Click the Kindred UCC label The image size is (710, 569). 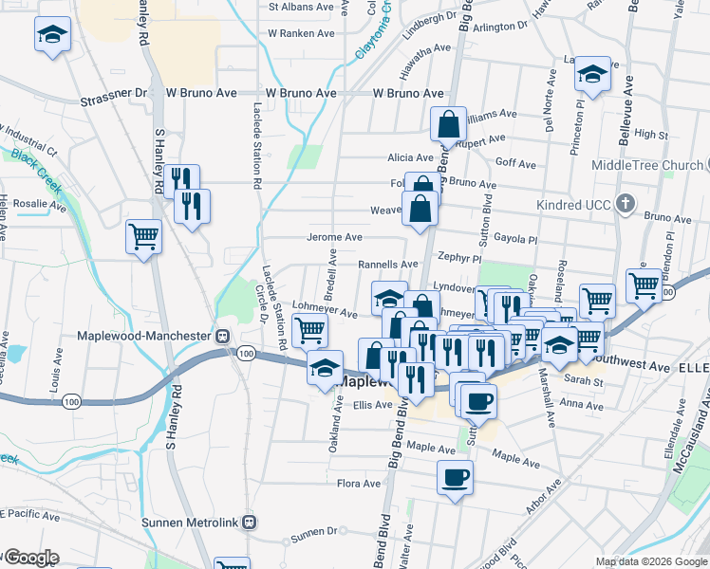[579, 204]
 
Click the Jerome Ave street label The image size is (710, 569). [334, 237]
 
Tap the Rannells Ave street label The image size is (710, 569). [387, 265]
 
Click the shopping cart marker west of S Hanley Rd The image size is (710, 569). [143, 236]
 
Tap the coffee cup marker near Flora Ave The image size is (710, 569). [455, 476]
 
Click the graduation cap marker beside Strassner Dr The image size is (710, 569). [50, 36]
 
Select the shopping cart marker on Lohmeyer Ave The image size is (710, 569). [310, 331]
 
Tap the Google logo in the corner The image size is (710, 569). [31, 557]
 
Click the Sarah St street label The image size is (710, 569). [585, 381]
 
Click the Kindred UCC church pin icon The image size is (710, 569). [625, 203]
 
